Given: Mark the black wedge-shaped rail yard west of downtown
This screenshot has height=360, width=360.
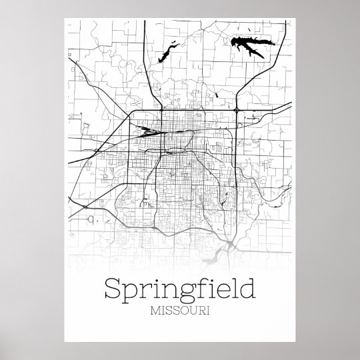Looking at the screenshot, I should [146, 131].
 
